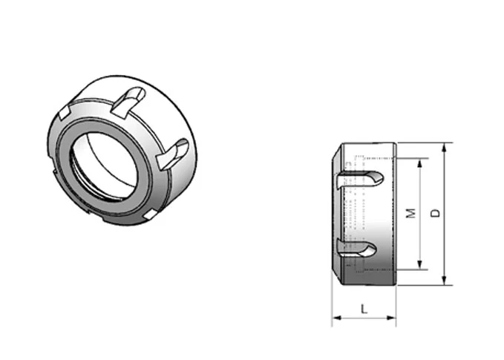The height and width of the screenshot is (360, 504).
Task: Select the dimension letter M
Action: tap(410, 213)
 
